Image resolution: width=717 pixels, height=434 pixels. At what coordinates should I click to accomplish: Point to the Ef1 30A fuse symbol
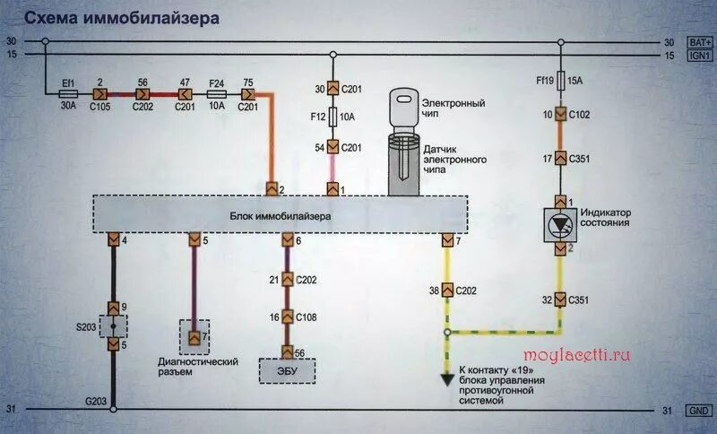point(67,92)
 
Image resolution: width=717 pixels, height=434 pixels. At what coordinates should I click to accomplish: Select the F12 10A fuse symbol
point(333,117)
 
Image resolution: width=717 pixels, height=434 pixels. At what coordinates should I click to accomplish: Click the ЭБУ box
point(287,370)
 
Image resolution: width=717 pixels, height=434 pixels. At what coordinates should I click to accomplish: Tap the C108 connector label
point(307,317)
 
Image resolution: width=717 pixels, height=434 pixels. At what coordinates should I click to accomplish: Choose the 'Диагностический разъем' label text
point(197,366)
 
